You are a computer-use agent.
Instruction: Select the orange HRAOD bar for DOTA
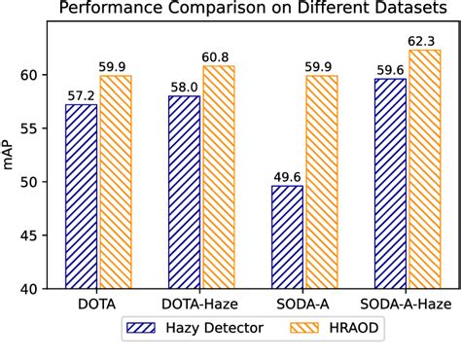pos(115,182)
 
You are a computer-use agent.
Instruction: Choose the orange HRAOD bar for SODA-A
pos(321,182)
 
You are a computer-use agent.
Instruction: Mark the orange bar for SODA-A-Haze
pos(424,169)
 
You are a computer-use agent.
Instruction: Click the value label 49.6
pos(287,176)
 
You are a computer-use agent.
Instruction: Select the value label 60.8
pos(218,57)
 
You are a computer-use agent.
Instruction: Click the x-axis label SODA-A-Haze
pos(407,304)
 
